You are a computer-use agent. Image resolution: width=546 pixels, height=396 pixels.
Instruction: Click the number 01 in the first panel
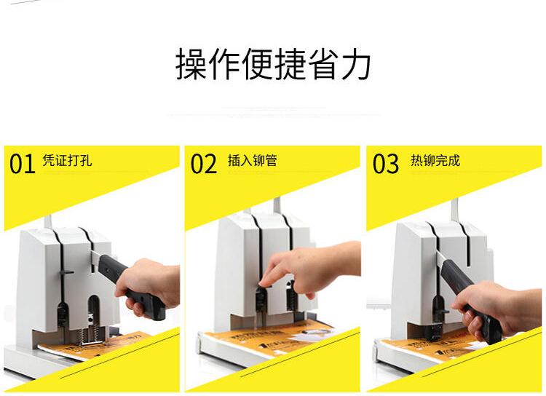tap(23, 163)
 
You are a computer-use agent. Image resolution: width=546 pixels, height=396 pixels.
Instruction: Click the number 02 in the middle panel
tap(204, 163)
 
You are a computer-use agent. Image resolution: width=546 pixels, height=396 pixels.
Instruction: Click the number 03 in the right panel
tap(385, 163)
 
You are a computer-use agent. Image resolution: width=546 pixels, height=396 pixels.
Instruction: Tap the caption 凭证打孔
tap(67, 161)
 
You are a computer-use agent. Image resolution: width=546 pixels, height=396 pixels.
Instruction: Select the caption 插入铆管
tap(252, 161)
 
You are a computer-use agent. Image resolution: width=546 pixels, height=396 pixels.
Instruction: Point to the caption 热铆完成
tap(435, 161)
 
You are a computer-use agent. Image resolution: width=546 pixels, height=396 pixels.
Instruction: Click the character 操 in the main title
tap(191, 65)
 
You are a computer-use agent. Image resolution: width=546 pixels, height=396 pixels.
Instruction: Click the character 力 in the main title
tap(355, 65)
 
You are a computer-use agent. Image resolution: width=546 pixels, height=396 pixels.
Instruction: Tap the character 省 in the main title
tap(323, 65)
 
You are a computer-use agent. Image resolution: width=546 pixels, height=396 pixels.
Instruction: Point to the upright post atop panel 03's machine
tap(455, 210)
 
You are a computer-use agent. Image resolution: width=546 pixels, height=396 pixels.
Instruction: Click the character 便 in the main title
tap(257, 65)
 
